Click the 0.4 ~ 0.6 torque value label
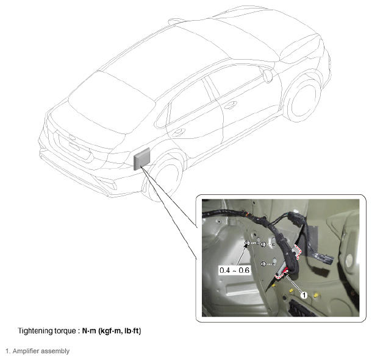(x=234, y=270)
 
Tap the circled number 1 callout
(x=304, y=295)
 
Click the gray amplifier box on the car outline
(x=142, y=158)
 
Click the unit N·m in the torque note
(x=89, y=330)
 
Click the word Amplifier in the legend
(x=26, y=351)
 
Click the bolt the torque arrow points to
(x=247, y=243)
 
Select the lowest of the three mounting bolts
(x=263, y=264)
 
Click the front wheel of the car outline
(x=302, y=99)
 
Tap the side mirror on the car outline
(x=267, y=76)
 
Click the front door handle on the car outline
(x=231, y=105)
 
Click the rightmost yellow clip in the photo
(x=316, y=295)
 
